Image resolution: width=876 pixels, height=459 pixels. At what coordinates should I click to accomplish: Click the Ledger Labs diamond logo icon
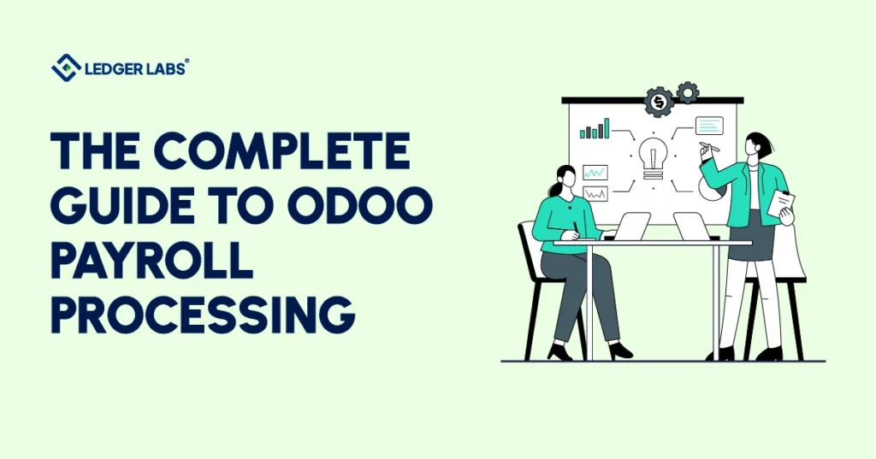point(66,68)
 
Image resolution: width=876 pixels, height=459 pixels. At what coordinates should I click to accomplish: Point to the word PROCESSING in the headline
point(203,315)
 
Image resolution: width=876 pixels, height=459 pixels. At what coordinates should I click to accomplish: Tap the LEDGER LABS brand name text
point(134,68)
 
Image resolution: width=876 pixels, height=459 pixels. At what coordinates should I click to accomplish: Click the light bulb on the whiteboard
point(653,157)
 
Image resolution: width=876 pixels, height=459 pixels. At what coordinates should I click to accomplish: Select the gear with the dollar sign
point(659,102)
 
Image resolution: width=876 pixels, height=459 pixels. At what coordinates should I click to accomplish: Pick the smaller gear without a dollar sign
point(687,92)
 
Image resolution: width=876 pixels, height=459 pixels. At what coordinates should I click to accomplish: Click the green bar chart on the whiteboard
point(595,129)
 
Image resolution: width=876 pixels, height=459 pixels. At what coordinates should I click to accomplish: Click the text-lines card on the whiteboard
point(709,127)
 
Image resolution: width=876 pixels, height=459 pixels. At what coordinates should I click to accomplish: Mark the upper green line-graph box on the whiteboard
point(595,172)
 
